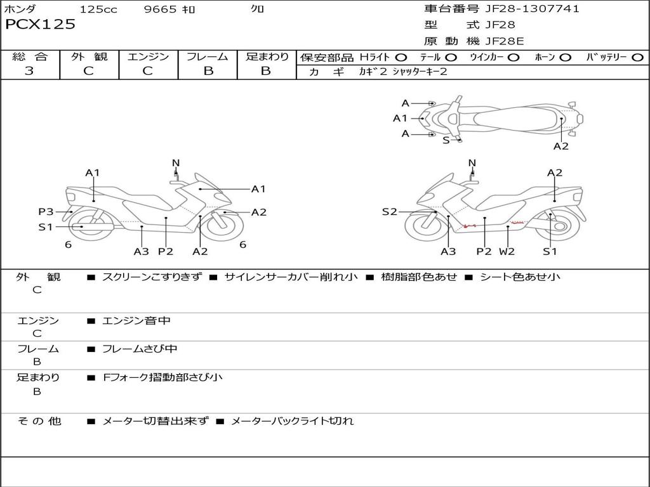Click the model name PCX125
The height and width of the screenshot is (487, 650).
(40, 25)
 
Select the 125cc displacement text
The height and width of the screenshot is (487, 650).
(98, 10)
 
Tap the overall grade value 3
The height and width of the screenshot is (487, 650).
(29, 71)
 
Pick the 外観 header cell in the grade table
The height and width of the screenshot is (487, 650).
(89, 57)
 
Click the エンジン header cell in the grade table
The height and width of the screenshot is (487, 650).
(148, 57)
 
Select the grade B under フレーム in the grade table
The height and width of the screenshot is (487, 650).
(208, 71)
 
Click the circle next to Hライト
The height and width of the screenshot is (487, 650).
(401, 58)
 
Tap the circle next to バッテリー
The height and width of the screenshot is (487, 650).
(637, 58)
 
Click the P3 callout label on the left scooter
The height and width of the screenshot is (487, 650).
(46, 212)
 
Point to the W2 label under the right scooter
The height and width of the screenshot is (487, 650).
(507, 251)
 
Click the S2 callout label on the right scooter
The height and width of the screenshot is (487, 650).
(389, 212)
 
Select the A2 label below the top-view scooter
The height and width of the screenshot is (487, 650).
(560, 146)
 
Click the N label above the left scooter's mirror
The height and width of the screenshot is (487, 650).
(176, 163)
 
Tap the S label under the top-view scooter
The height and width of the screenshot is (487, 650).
(446, 140)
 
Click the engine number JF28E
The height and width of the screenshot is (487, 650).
(505, 41)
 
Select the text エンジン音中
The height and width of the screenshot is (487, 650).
(136, 321)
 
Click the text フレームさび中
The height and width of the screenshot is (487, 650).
(140, 349)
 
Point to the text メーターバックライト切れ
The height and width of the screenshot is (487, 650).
(292, 420)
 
